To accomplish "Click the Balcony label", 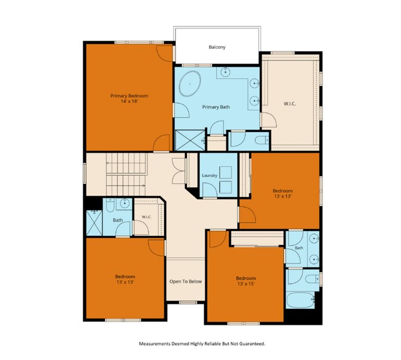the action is tap(217, 47).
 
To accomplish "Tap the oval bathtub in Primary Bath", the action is tap(189, 84).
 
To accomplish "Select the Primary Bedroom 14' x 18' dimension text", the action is tap(129, 101).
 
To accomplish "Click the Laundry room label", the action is tap(210, 175).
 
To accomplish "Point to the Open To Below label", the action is tap(186, 282).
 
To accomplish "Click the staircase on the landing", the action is tap(126, 174).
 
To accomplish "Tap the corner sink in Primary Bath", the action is tap(225, 72).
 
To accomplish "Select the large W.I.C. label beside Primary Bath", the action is tap(290, 104).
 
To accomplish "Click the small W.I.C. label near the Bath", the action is tap(147, 217).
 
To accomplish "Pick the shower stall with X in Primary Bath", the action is tap(190, 140).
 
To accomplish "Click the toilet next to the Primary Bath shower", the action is tap(262, 140).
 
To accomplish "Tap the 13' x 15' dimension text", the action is tap(246, 283).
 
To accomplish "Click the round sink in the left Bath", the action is tap(125, 204).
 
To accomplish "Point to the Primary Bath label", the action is tap(216, 107).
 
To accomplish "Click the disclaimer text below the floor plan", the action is tap(202, 343).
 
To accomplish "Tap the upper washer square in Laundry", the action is tap(226, 172).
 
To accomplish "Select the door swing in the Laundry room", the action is tap(210, 190).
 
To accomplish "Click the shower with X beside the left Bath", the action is tap(94, 223).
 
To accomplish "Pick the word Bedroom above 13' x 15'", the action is tap(246, 278).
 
